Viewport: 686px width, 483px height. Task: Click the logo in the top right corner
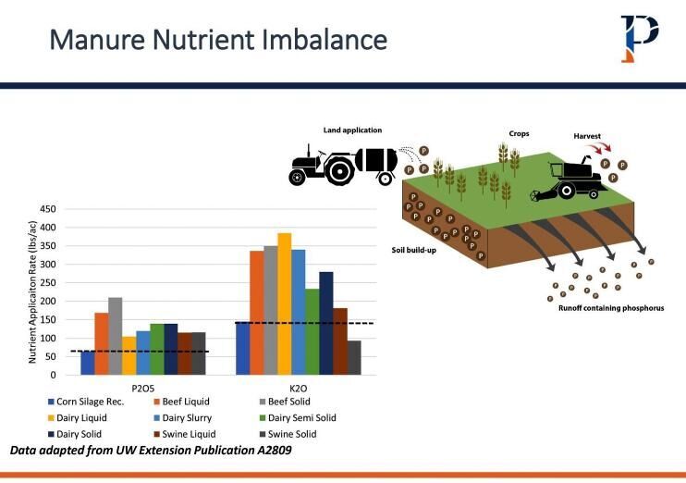(639, 38)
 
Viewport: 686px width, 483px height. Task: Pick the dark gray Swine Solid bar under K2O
(354, 357)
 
